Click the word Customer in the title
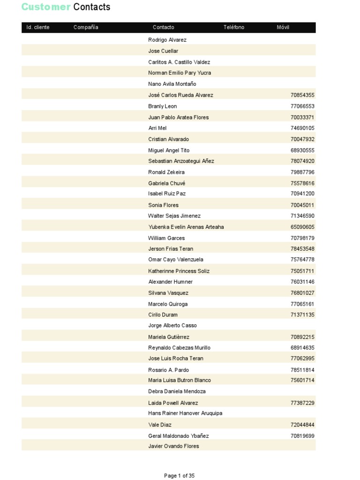[46, 7]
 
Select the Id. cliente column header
[38, 27]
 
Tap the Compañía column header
[86, 27]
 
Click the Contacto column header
[163, 27]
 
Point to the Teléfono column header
[234, 27]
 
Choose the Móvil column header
[283, 27]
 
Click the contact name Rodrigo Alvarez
[167, 40]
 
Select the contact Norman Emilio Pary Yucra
[180, 73]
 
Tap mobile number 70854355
[302, 95]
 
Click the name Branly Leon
[163, 106]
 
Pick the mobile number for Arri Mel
[302, 128]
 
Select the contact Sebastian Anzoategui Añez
[181, 161]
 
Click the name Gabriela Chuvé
[167, 183]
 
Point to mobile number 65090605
[302, 227]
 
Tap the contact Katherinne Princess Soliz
[179, 271]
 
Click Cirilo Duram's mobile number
[302, 315]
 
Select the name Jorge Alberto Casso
[172, 325]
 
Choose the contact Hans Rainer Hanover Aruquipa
[185, 413]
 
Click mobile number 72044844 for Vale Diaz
[302, 425]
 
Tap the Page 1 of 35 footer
[179, 476]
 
